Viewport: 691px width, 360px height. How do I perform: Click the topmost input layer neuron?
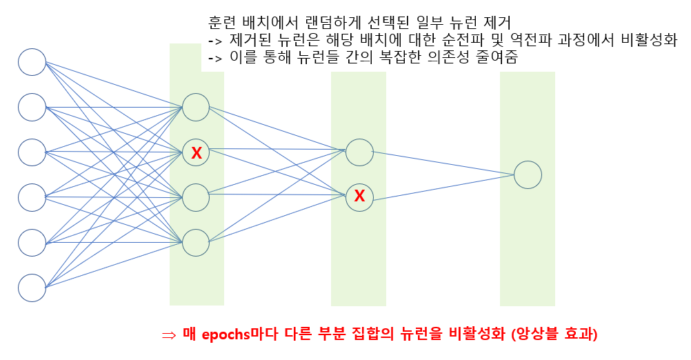point(32,62)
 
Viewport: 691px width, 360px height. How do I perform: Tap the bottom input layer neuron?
point(32,288)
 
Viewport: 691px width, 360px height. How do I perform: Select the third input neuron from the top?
point(32,152)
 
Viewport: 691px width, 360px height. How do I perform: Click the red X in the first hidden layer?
point(197,152)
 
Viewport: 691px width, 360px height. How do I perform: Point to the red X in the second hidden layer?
point(359,197)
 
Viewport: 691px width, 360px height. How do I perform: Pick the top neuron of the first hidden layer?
point(196,107)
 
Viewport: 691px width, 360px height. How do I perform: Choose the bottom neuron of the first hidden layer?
point(196,242)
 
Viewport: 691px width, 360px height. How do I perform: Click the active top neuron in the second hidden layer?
point(359,152)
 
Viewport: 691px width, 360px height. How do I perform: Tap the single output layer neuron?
point(528,174)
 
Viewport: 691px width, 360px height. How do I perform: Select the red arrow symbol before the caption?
point(169,335)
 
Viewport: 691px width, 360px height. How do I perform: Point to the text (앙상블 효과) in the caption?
point(554,334)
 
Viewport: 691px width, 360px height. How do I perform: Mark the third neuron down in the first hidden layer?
point(196,197)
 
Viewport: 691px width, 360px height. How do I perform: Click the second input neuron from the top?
point(32,107)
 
